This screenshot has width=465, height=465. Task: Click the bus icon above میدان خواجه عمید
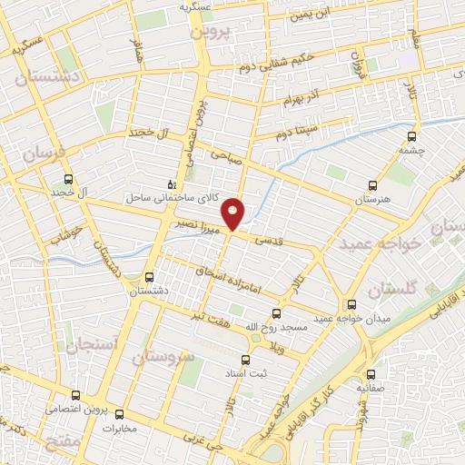point(352,303)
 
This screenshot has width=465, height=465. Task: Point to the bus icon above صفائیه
point(371,373)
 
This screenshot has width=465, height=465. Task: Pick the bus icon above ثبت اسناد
point(245,358)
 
